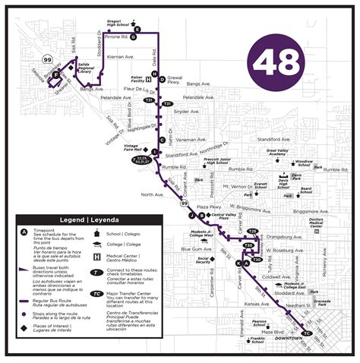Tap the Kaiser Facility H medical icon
click(x=154, y=74)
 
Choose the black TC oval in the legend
click(x=96, y=293)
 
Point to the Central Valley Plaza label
click(x=223, y=216)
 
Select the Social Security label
click(x=204, y=261)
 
